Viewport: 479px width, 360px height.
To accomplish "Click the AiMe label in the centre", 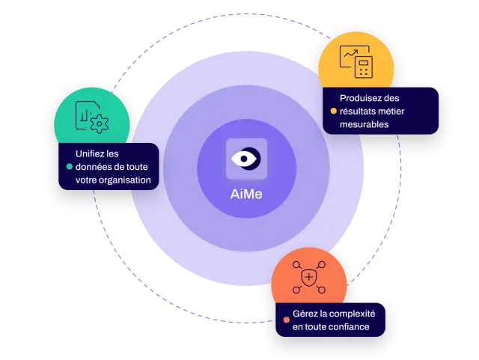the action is click(246, 195).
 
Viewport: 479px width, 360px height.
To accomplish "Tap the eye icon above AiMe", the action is click(246, 159).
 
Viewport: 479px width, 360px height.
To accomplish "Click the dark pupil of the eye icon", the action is click(244, 159).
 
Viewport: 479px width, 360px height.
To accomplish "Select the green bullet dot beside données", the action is click(70, 167).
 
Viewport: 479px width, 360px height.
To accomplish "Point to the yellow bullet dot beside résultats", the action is click(334, 111).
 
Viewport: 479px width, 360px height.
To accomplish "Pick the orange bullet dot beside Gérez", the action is click(286, 320).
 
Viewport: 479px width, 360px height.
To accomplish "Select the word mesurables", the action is click(364, 124).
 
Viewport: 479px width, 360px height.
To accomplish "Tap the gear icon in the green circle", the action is click(100, 123).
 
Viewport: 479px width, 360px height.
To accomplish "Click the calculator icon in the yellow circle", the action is click(364, 67).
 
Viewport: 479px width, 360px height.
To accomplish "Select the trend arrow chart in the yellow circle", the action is click(351, 54).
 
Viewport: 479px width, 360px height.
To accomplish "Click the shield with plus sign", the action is click(309, 278).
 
